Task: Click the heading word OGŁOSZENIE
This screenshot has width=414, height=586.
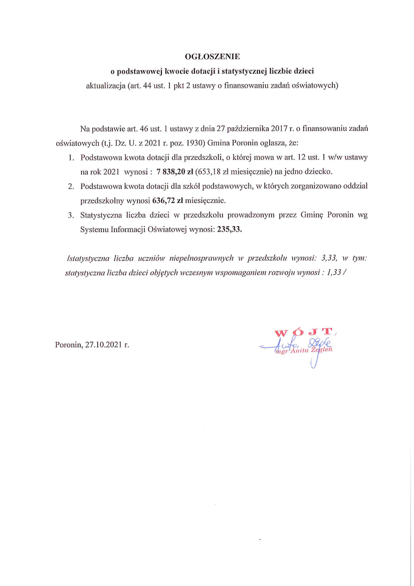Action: click(x=206, y=56)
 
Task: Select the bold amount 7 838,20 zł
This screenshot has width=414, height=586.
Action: click(x=178, y=172)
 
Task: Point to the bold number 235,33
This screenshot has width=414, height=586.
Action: click(x=230, y=231)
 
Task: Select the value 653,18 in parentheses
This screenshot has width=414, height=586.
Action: click(x=217, y=172)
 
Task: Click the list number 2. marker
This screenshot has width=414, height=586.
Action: click(x=71, y=187)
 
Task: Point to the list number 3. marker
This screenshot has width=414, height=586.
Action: click(x=71, y=216)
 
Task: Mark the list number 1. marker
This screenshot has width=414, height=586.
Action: click(x=71, y=157)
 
